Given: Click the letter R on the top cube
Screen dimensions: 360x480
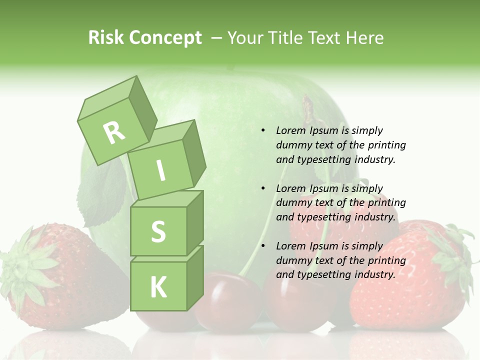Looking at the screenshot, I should pos(114,132).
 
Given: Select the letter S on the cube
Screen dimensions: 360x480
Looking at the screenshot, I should pos(158,232).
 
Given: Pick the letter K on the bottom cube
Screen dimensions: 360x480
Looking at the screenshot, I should pos(158,287).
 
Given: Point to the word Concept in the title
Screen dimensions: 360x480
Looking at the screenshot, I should pos(165,38).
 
